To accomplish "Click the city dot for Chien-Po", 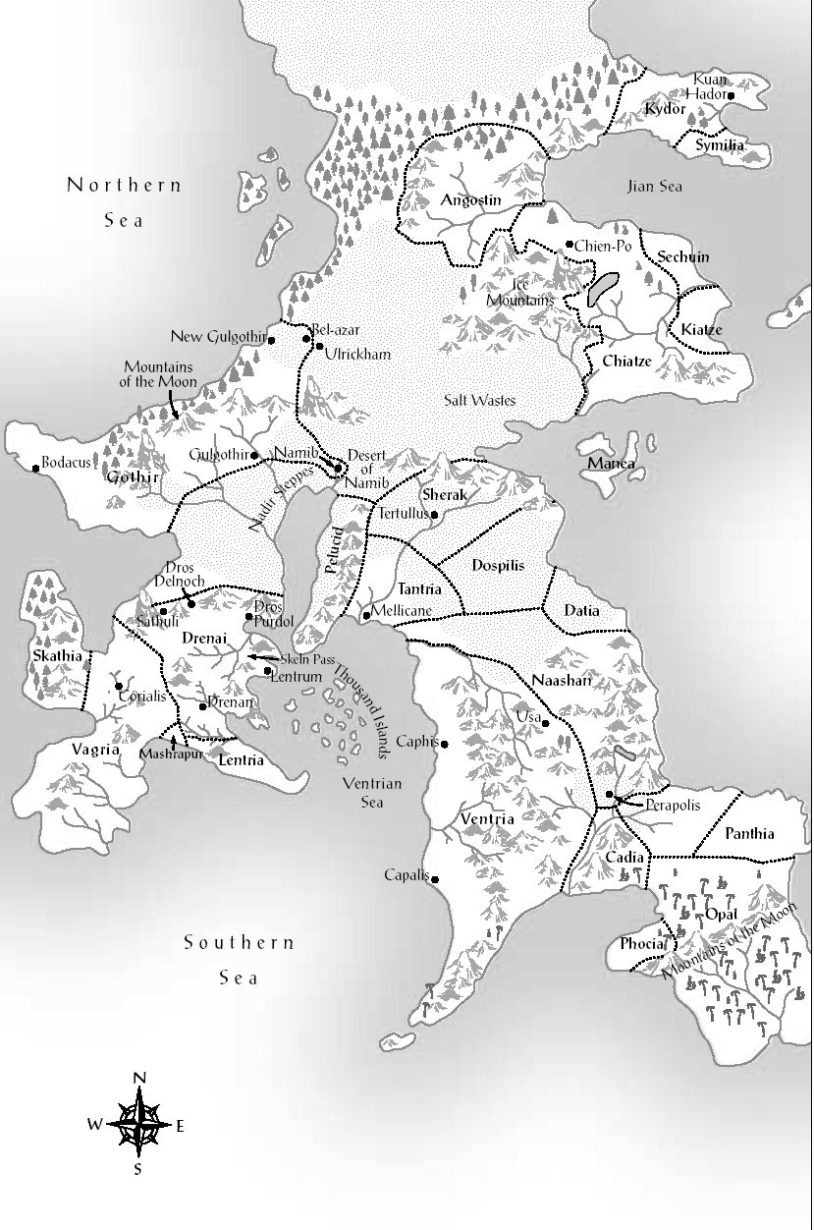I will (570, 245).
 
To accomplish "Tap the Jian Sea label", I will (654, 186).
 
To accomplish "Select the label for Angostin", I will (471, 200).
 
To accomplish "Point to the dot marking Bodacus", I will (36, 468).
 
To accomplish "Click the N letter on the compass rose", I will (139, 1079).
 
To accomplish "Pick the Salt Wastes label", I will (478, 400).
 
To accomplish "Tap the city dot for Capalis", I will (434, 879).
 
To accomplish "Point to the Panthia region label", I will (749, 834).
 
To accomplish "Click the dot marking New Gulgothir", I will (271, 340).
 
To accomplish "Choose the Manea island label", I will (611, 464).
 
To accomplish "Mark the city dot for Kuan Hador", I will (731, 95).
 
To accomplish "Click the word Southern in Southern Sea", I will (240, 943).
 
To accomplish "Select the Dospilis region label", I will (498, 566).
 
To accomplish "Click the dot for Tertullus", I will (435, 514).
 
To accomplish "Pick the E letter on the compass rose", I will (180, 1127).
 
